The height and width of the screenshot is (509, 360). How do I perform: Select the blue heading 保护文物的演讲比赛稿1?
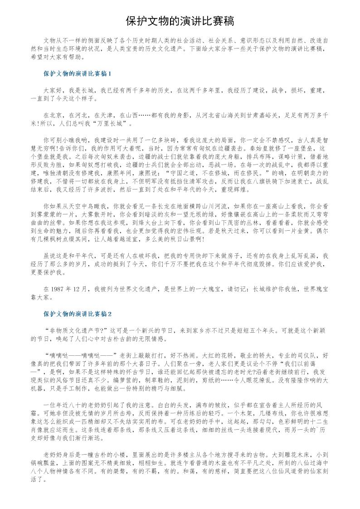point(78,73)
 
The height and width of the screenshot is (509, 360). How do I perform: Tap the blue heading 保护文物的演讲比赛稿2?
point(78,313)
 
